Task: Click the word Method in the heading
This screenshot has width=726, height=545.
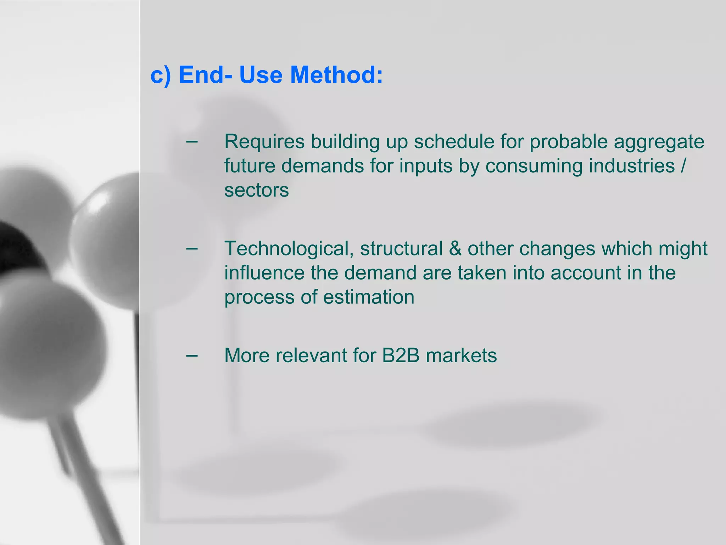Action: [x=336, y=75]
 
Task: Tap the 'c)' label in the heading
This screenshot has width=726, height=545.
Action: [x=161, y=76]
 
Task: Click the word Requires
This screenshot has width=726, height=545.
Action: [x=264, y=142]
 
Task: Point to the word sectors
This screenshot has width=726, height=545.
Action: [x=256, y=190]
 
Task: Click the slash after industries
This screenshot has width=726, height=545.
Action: [x=683, y=166]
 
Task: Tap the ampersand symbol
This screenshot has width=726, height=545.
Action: [x=455, y=248]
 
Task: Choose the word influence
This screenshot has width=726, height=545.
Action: [x=264, y=272]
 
